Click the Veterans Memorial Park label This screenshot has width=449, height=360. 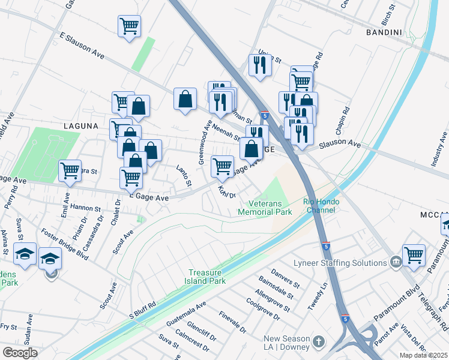click(265, 207)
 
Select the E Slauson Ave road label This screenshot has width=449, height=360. click(82, 45)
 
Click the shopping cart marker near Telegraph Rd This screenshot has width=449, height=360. click(414, 256)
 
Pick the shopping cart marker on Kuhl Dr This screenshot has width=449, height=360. click(222, 167)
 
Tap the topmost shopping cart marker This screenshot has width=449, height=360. click(129, 26)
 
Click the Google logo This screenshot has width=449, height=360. click(19, 353)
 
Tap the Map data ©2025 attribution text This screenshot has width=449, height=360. click(423, 355)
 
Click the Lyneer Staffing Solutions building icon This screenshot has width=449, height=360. click(396, 262)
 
